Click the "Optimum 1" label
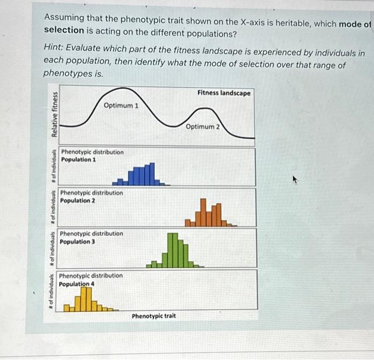click(121, 105)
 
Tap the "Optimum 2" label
click(202, 127)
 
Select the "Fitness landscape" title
click(223, 93)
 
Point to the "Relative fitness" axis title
click(54, 114)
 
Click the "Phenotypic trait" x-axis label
click(154, 316)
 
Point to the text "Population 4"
click(76, 284)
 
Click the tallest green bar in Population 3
click(172, 249)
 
